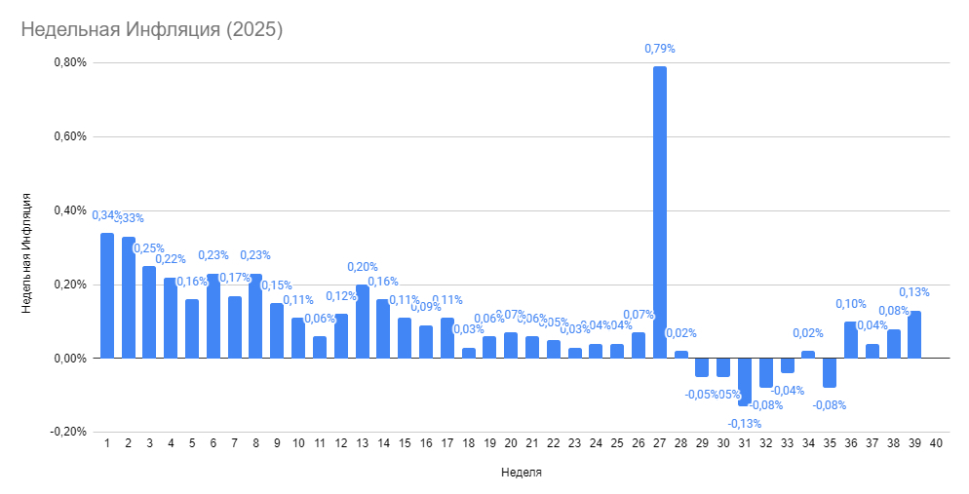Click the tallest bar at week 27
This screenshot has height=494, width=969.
(x=660, y=212)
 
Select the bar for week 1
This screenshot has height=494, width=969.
(x=107, y=295)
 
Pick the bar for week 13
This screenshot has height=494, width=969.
(x=363, y=322)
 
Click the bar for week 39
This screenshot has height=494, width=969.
(x=914, y=334)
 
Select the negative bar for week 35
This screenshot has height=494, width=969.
(x=830, y=373)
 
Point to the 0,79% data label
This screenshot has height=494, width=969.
(x=660, y=48)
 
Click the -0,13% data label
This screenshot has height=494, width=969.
(x=745, y=423)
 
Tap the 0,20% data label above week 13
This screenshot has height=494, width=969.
(x=363, y=267)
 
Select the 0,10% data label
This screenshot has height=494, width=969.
(x=850, y=304)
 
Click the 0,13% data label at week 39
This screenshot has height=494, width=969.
(x=914, y=292)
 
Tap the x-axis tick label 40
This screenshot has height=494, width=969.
(x=936, y=442)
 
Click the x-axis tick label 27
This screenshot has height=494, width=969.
(x=660, y=442)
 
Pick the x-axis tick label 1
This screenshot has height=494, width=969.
(x=107, y=442)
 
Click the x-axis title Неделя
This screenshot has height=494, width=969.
(x=522, y=473)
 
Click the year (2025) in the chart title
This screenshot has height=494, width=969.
(x=253, y=29)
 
